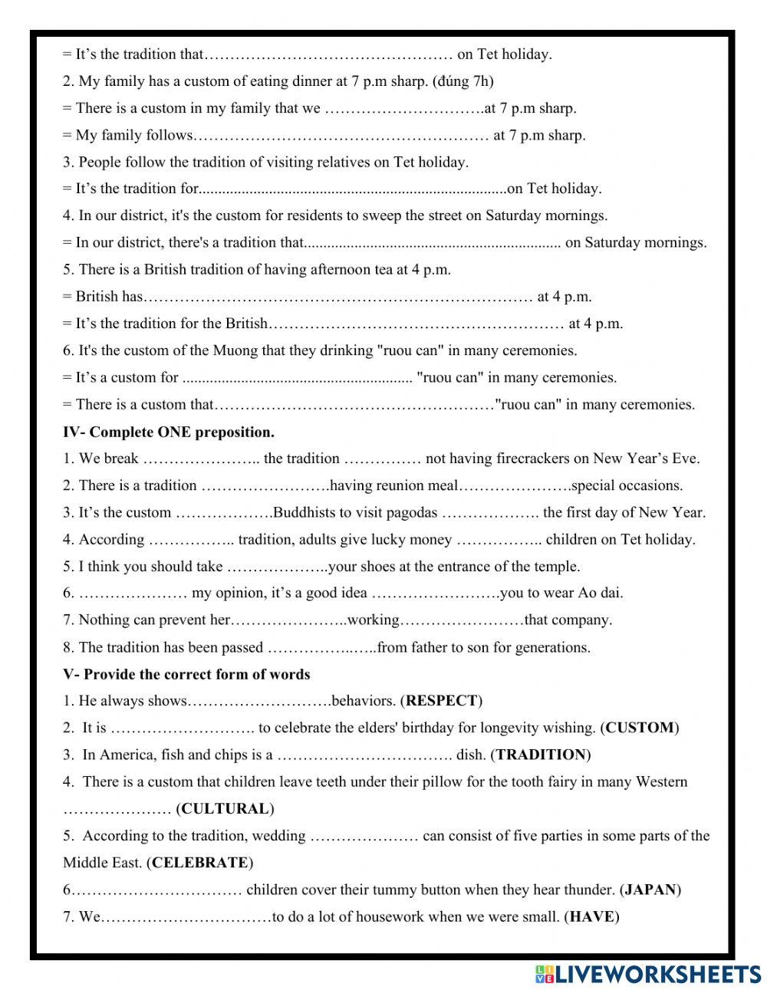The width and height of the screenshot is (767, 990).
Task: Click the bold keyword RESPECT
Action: (441, 701)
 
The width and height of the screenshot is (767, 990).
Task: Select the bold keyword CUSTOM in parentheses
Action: (640, 728)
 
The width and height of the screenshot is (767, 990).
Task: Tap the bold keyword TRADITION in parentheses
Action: (541, 755)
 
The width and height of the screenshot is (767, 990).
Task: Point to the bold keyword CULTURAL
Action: (225, 809)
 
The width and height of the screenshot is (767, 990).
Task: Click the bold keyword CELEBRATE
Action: (200, 863)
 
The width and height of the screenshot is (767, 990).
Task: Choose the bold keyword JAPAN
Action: (650, 890)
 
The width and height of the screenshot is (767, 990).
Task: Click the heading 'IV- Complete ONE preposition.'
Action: (169, 432)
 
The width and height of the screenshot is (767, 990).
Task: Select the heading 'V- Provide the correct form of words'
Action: (186, 675)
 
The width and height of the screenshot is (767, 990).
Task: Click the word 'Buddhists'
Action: (305, 513)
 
